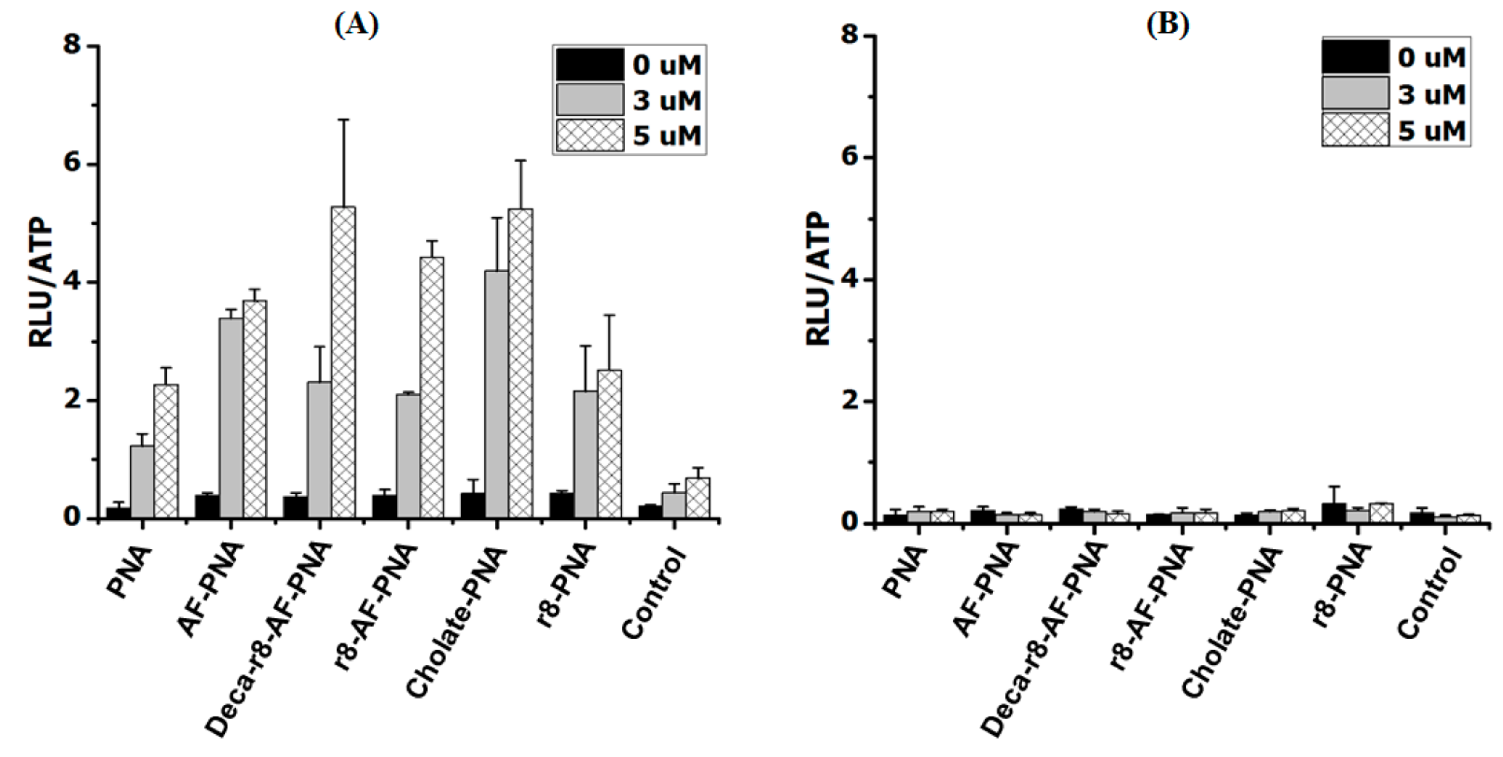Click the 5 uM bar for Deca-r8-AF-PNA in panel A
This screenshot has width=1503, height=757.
pos(343,362)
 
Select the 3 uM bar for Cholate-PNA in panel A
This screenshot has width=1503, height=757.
pos(496,394)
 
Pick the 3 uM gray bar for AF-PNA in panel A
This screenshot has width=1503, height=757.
pos(231,417)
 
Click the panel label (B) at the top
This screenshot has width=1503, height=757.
pos(1167,25)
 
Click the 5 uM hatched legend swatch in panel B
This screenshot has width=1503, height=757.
pos(1355,130)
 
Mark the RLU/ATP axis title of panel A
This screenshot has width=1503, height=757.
pos(41,283)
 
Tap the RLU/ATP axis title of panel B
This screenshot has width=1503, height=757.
pos(818,279)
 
